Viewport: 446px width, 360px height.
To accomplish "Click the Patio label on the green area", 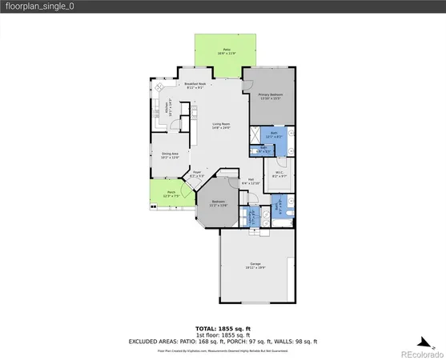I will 226,50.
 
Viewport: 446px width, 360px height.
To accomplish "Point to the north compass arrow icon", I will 426,338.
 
